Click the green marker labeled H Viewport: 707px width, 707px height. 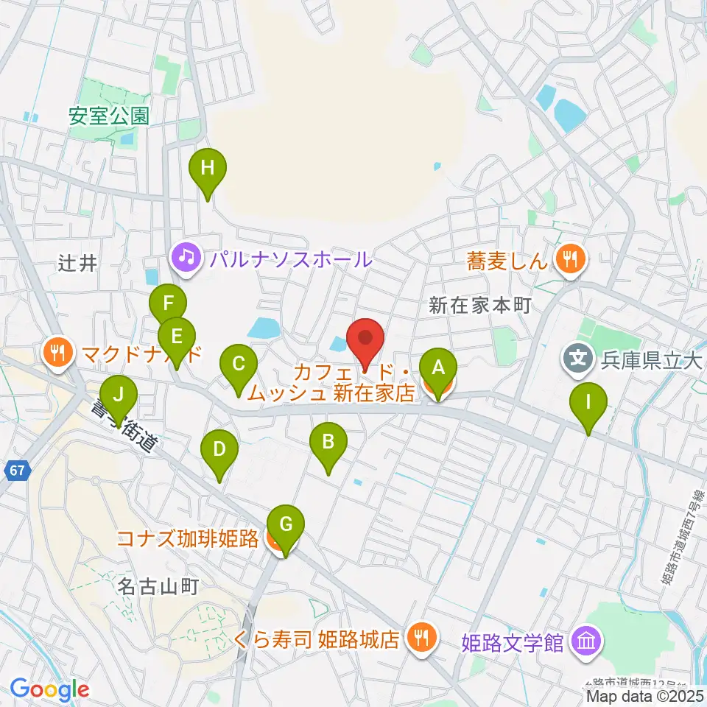[x=208, y=168]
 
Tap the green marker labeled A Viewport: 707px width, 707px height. [x=438, y=367]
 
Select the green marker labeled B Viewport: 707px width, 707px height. [x=328, y=442]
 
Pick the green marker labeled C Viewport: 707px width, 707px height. [x=239, y=364]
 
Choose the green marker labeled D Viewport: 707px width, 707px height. [x=219, y=449]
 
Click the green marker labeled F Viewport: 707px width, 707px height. [x=169, y=303]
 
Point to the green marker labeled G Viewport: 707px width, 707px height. [x=286, y=524]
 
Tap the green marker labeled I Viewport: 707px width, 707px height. [x=588, y=402]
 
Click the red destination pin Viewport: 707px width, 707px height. [x=366, y=338]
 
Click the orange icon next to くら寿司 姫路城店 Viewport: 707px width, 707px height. [x=420, y=637]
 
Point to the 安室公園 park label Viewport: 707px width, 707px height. [x=109, y=116]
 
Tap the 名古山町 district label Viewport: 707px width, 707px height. [x=159, y=587]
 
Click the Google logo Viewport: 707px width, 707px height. [x=49, y=690]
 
